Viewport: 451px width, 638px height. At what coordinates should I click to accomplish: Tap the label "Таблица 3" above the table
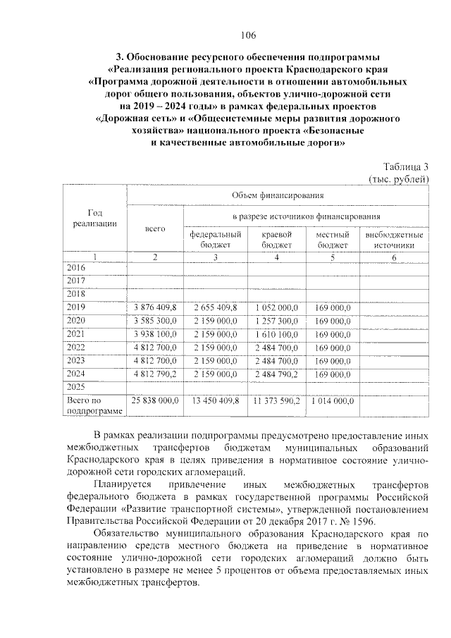tap(406, 167)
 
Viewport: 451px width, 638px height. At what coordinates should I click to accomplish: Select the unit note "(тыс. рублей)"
tap(399, 179)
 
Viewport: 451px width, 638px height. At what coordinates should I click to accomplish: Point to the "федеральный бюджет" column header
tap(216, 239)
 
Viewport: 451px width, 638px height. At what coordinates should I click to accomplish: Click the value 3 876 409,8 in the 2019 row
tap(154, 307)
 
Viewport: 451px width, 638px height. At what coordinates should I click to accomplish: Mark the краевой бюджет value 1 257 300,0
tap(276, 321)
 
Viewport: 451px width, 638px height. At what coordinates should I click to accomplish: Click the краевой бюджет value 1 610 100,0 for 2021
tap(276, 333)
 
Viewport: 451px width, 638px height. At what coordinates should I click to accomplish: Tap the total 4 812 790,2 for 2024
tap(154, 373)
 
